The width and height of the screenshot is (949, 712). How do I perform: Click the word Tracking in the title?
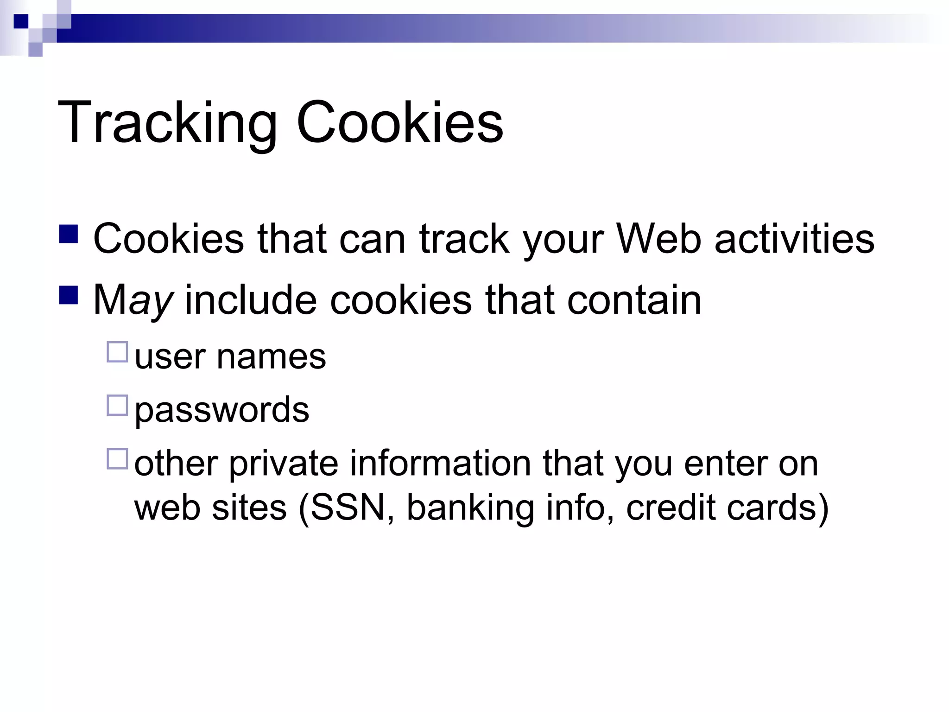(167, 123)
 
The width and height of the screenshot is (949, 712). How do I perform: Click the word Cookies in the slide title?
(399, 123)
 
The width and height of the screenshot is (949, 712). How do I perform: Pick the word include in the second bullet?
(251, 300)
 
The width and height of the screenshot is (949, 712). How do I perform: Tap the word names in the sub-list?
(271, 357)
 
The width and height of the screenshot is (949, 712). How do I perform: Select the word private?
(284, 464)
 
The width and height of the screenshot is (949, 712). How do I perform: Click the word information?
(440, 464)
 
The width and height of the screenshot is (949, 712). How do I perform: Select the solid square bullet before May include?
(69, 295)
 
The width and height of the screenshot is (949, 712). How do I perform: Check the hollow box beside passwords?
(117, 405)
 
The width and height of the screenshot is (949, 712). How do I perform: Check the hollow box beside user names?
(117, 352)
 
